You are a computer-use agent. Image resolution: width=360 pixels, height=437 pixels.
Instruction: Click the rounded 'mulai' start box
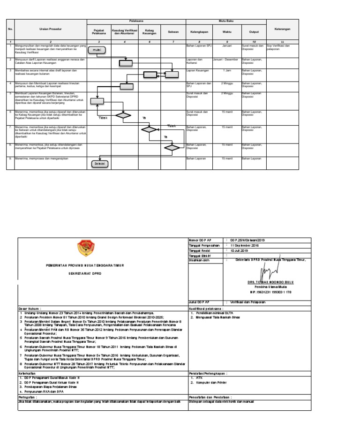pyautogui.click(x=96, y=50)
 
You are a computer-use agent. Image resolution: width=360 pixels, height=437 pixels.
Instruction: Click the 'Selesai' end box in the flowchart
pyautogui.click(x=99, y=164)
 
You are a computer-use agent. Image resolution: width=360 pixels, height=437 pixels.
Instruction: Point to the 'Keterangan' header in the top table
pyautogui.click(x=282, y=29)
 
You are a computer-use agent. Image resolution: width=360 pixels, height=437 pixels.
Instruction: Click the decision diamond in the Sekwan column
pyautogui.click(x=172, y=147)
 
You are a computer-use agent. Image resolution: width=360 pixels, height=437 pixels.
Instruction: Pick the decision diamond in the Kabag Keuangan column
pyautogui.click(x=150, y=129)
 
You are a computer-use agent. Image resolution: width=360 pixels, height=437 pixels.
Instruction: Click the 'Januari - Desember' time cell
pyautogui.click(x=226, y=60)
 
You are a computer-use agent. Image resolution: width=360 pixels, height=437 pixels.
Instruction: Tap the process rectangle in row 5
pyautogui.click(x=97, y=101)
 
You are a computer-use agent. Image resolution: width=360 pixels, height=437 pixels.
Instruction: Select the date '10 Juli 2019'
pyautogui.click(x=239, y=250)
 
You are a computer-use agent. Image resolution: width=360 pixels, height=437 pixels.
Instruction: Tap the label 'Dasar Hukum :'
pyautogui.click(x=30, y=309)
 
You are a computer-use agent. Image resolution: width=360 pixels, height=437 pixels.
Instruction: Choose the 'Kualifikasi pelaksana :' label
pyautogui.click(x=206, y=309)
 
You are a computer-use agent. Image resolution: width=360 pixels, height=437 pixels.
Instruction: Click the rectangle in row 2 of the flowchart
pyautogui.click(x=126, y=64)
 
